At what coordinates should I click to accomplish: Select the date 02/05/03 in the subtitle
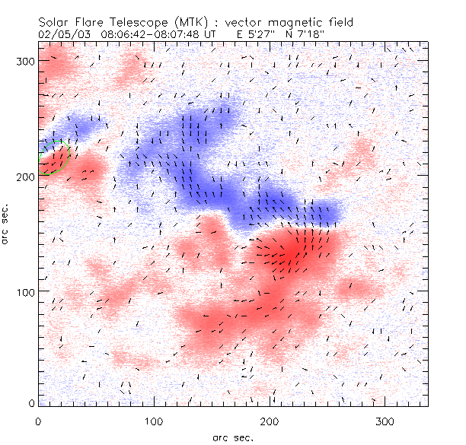click(x=62, y=34)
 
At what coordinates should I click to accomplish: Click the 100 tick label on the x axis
click(x=154, y=421)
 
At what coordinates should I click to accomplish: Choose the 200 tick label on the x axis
click(x=270, y=421)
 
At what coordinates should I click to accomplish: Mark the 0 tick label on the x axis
click(x=39, y=421)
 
